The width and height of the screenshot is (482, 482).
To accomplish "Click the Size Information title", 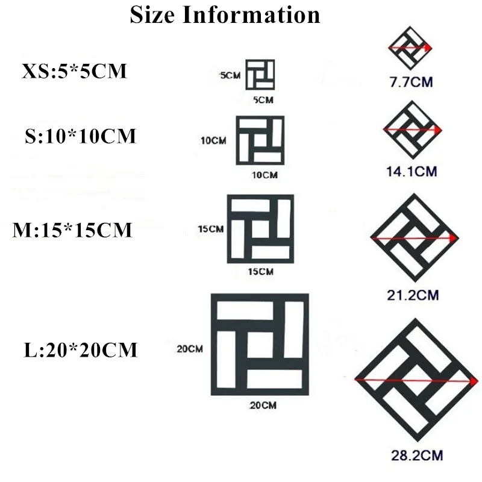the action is (225, 14).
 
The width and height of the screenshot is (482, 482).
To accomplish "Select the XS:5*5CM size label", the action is (75, 72).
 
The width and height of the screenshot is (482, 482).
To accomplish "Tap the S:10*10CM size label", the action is (81, 137).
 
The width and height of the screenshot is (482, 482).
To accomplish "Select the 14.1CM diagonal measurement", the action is (411, 172).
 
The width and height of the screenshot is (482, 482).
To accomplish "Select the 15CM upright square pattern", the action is (260, 229).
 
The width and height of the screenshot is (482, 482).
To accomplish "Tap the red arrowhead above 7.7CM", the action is (428, 47).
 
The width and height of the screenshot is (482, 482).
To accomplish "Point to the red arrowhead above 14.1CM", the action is (438, 130).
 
